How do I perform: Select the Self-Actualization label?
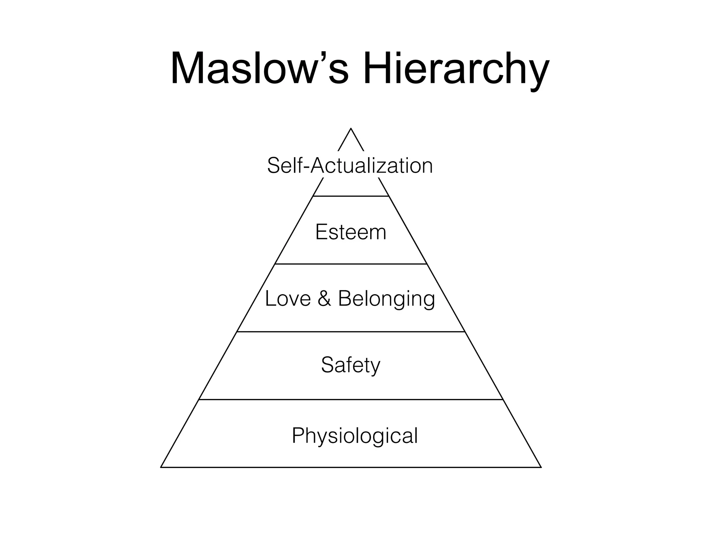click(x=350, y=166)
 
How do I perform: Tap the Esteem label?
click(x=351, y=232)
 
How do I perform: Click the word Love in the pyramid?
click(x=288, y=298)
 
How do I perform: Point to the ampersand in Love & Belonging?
click(x=324, y=298)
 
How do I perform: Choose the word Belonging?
click(x=386, y=300)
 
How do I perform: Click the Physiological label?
click(x=355, y=436)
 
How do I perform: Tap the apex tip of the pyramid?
click(x=351, y=129)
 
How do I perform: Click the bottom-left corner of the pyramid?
click(x=161, y=467)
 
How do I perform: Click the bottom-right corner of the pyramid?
click(x=541, y=467)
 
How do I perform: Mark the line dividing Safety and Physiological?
click(x=351, y=399)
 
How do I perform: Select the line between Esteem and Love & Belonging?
click(x=351, y=264)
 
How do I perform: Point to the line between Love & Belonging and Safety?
click(x=351, y=332)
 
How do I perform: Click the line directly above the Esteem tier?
click(x=351, y=196)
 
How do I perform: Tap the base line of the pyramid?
click(x=351, y=467)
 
